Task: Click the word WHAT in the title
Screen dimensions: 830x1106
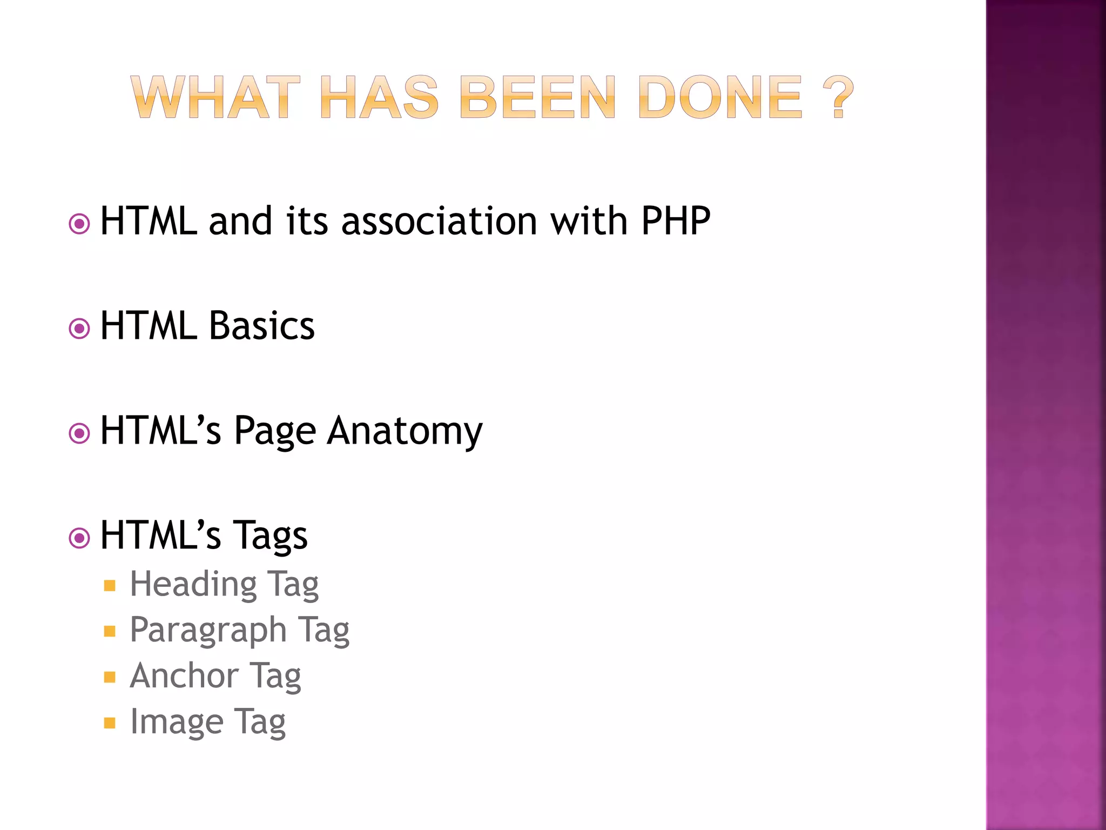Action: (x=215, y=97)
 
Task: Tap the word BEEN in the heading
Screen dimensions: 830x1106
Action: (x=537, y=97)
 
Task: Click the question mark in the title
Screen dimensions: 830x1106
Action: (x=838, y=97)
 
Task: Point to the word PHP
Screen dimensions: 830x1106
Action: (x=676, y=221)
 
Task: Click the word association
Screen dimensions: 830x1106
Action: (x=439, y=221)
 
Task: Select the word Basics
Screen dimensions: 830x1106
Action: (x=261, y=326)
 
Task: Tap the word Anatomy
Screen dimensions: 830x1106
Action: (x=405, y=431)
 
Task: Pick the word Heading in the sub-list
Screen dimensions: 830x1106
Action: (x=193, y=584)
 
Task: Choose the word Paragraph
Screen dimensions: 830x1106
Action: (x=208, y=630)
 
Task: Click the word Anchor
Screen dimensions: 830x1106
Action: (x=184, y=675)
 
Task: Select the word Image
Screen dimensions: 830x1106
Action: (x=177, y=722)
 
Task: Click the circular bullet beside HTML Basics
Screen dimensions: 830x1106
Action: (x=79, y=328)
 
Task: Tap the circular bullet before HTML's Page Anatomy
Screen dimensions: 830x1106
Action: (x=79, y=433)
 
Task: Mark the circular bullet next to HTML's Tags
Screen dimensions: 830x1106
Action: (x=79, y=538)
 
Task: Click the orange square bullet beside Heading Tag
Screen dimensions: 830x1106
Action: (x=110, y=586)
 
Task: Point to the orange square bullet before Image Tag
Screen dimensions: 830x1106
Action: (x=110, y=723)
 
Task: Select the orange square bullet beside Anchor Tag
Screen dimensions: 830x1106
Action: (x=110, y=677)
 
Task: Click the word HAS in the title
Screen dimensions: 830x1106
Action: (x=379, y=97)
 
